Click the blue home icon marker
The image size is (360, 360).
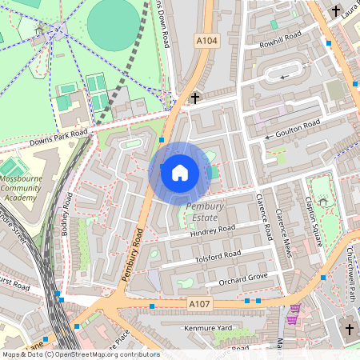point(180,173)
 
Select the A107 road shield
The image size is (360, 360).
point(200,303)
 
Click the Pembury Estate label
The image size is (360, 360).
point(206,212)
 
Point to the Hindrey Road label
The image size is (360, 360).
point(214,230)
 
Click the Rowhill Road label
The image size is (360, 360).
point(274,40)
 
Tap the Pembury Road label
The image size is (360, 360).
point(132,254)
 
